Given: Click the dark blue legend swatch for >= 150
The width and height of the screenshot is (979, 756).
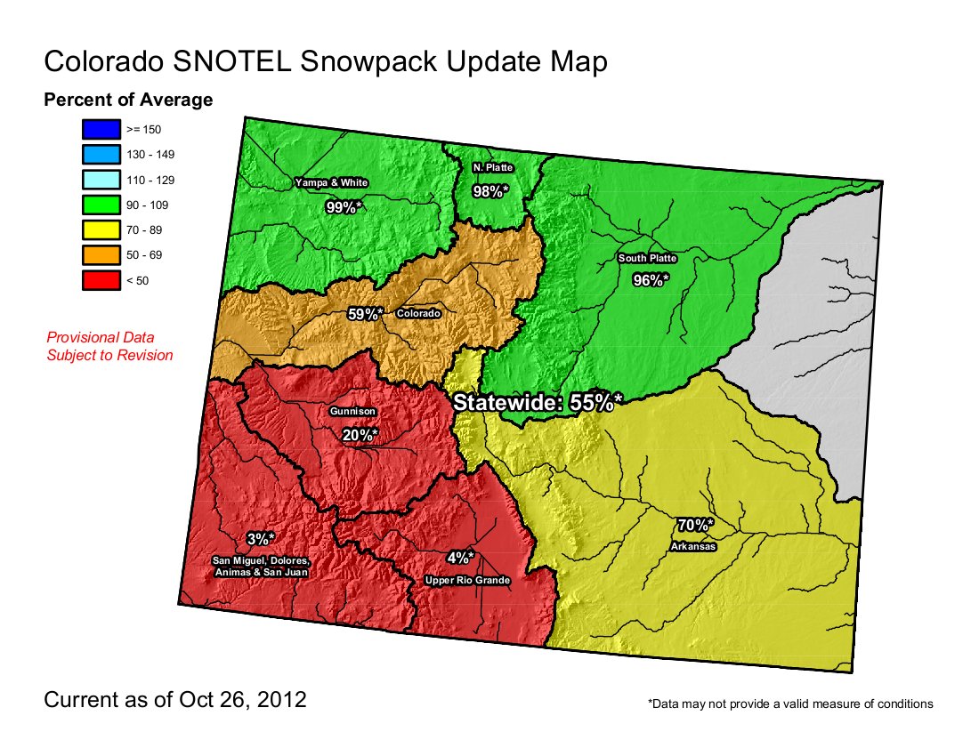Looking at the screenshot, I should pos(99,129).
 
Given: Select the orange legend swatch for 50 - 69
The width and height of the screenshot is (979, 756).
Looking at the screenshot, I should pos(99,255).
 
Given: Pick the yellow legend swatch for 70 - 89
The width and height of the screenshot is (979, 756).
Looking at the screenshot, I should pos(99,230).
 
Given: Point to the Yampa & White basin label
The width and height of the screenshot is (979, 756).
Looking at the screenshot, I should pos(331,182).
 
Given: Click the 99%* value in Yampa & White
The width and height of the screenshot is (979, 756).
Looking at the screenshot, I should pos(344,207).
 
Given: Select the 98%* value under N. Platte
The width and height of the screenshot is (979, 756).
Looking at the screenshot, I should pos(490,190).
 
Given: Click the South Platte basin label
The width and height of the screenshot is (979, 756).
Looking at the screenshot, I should pos(648,259).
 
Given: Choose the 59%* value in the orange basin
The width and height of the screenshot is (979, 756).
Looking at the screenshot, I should pos(365,314).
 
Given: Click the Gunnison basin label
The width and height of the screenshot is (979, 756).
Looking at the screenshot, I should pos(352,412).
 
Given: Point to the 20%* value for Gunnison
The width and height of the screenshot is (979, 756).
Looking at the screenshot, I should pos(360,434).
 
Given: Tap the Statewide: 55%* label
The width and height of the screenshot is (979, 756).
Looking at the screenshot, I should pos(537,402).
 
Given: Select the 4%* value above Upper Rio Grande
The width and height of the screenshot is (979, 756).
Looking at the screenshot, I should pos(460,558).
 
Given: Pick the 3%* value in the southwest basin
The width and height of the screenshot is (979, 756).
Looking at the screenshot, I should pos(261,538).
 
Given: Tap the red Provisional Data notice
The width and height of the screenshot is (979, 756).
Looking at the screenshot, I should pos(109,346).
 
